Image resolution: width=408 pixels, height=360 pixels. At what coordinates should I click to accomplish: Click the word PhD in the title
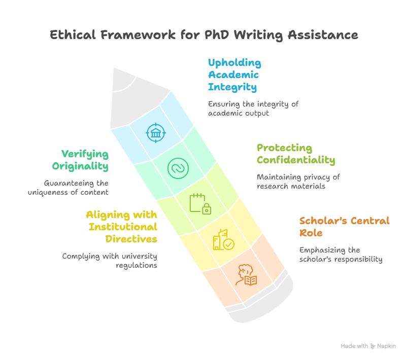[x=217, y=34]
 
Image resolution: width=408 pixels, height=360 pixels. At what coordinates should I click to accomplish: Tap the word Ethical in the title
[x=73, y=34]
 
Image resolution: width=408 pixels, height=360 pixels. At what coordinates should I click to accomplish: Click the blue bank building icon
[x=156, y=133]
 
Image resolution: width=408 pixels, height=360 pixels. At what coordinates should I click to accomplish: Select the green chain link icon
[x=178, y=168]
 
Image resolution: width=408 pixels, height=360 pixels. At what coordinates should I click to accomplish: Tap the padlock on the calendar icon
[x=207, y=209]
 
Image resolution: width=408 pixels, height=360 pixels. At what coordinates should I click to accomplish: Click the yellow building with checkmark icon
[x=223, y=240]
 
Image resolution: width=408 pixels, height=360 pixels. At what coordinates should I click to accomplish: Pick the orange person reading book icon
[x=246, y=275]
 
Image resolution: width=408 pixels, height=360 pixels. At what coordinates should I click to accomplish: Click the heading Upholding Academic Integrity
[x=234, y=75]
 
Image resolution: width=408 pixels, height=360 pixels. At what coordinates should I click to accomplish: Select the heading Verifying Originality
[x=80, y=160]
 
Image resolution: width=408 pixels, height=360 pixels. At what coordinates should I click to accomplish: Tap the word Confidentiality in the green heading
[x=296, y=160]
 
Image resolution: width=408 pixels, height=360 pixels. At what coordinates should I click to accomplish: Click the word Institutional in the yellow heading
[x=123, y=227]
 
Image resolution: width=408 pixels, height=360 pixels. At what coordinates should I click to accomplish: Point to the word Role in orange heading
[x=311, y=233]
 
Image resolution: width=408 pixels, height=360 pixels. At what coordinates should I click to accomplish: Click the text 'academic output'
[x=239, y=114]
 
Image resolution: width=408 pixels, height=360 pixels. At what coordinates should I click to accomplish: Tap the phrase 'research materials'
[x=291, y=187]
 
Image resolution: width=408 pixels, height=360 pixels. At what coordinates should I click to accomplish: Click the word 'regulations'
[x=137, y=265]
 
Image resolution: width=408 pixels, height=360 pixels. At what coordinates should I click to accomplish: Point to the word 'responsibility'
[x=358, y=260]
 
